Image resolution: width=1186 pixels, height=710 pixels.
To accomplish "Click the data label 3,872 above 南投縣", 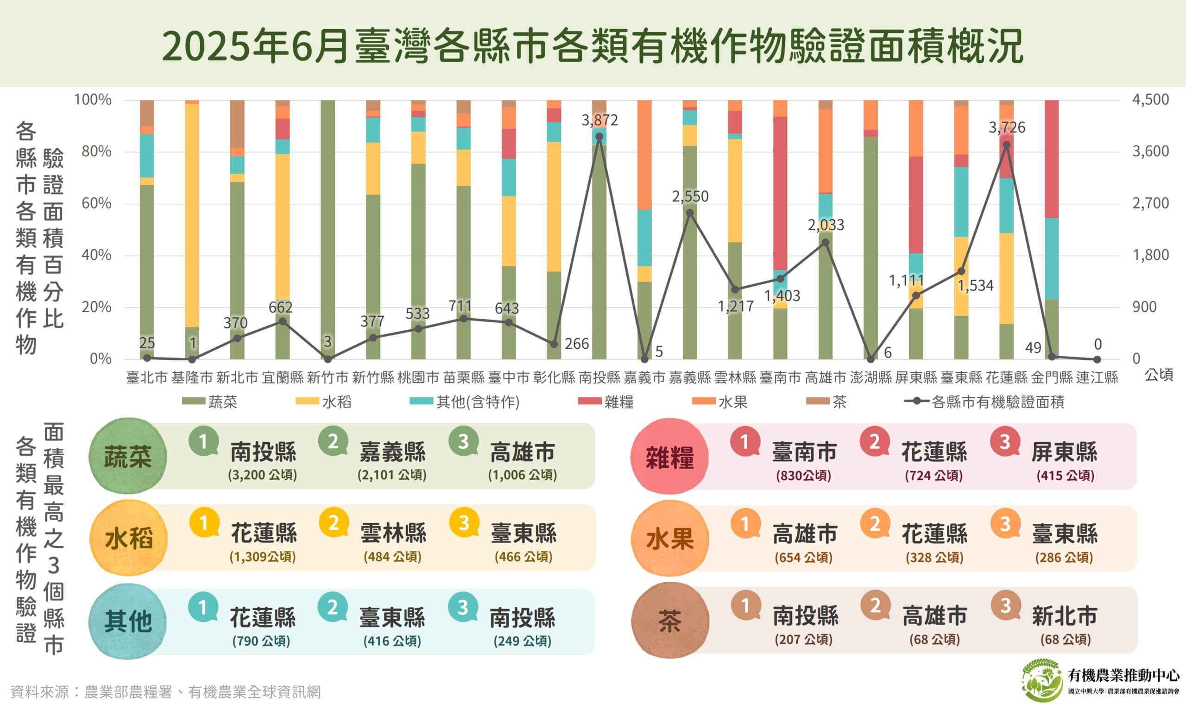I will coord(599,120).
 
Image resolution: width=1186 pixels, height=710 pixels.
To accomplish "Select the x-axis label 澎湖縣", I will coord(871,378).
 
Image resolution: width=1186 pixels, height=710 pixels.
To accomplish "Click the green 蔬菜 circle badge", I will coord(128,457).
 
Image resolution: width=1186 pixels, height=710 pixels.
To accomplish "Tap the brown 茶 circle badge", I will coord(669,622).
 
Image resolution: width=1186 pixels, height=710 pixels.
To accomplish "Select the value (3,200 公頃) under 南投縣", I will coord(262,475).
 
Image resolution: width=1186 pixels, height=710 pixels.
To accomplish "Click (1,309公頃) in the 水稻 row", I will coord(262,557).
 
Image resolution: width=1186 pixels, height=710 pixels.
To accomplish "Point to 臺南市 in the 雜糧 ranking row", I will coord(804,452).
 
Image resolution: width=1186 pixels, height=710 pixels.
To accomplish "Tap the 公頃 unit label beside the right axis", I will coord(1159,376).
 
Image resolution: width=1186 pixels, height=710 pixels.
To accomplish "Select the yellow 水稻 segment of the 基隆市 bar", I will coord(192,215).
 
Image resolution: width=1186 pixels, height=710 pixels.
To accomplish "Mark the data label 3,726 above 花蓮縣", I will coord(1007,128).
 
